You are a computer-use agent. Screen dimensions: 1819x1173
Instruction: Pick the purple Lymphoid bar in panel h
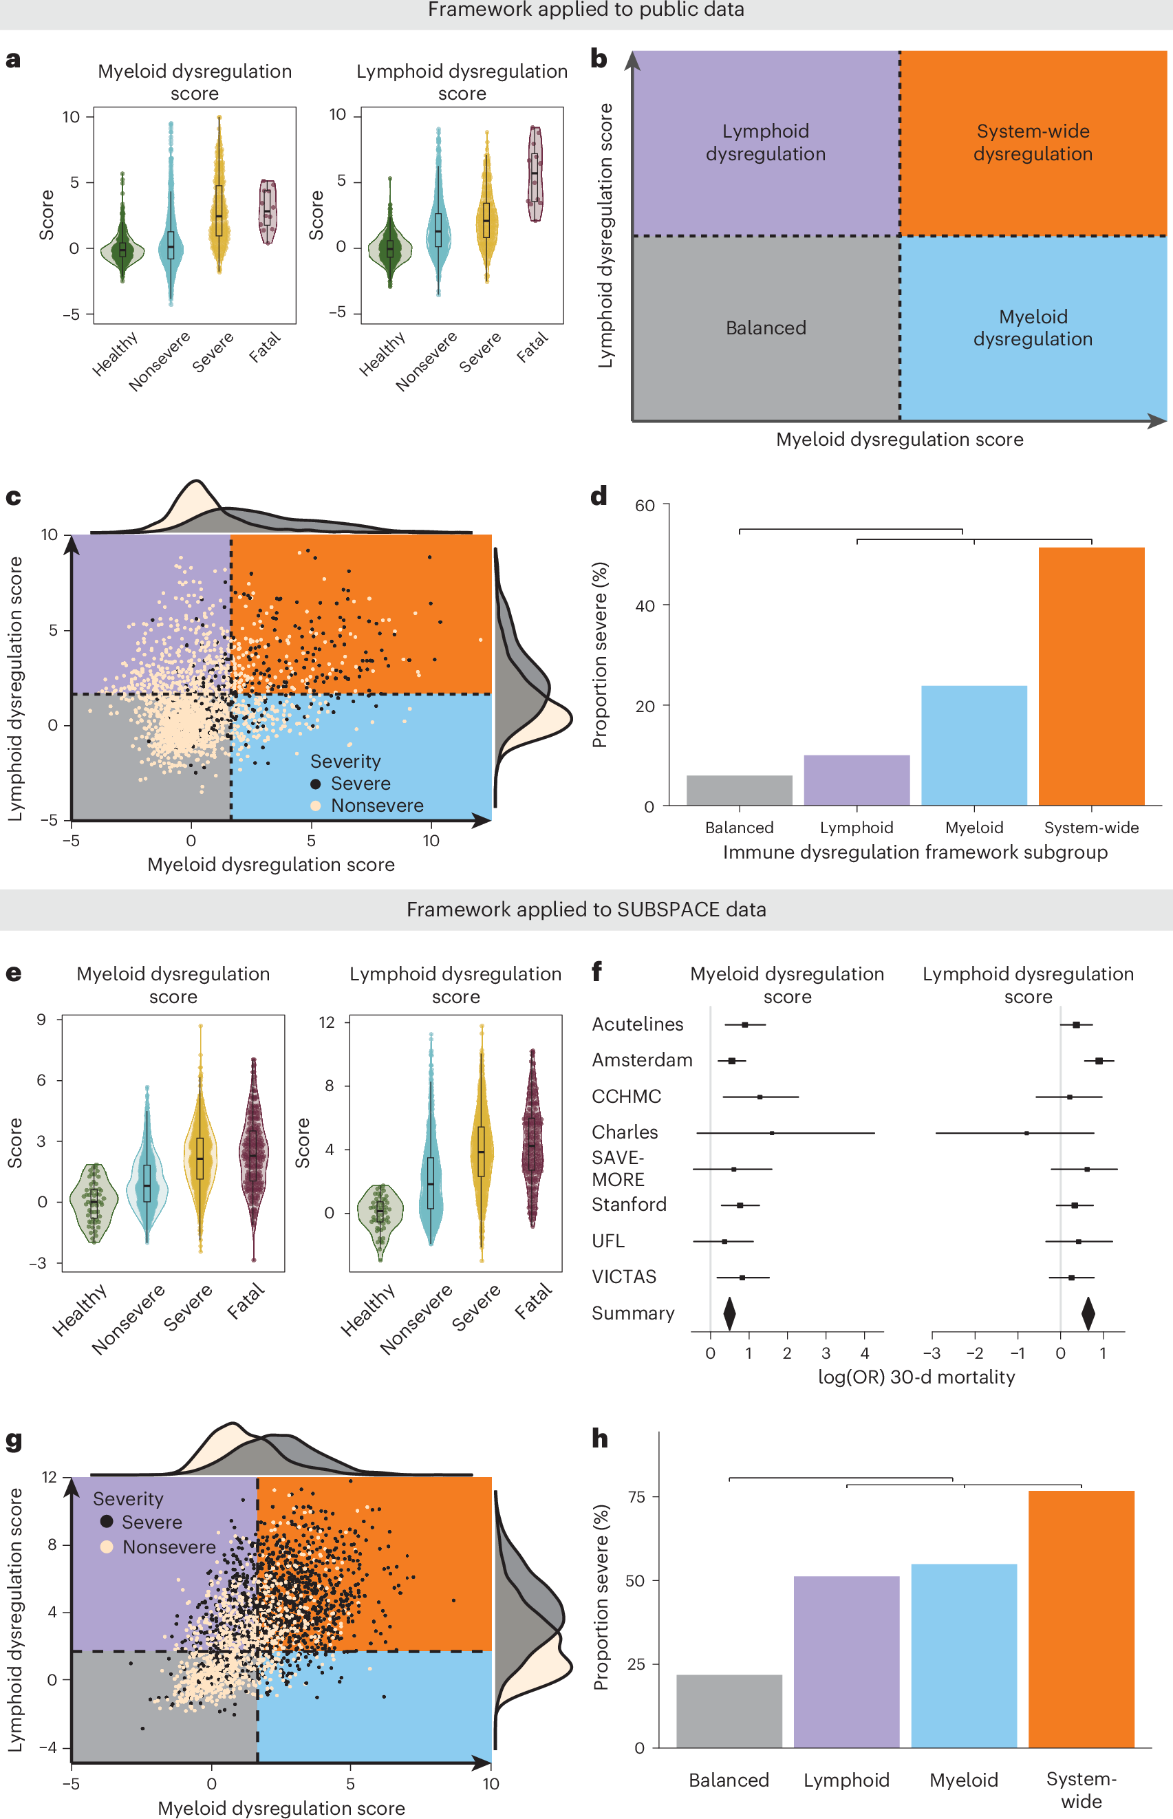[x=846, y=1661]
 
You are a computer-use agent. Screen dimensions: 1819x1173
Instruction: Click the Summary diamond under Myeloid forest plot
[x=729, y=1313]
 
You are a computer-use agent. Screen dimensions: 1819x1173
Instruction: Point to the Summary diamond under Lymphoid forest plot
[x=1088, y=1313]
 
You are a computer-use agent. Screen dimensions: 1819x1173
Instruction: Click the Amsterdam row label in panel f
[x=642, y=1059]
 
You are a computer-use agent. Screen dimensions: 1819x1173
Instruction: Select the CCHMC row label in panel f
[x=626, y=1096]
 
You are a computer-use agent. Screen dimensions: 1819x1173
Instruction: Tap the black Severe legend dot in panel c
[x=315, y=784]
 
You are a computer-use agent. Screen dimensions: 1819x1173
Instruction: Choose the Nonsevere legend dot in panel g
[x=107, y=1547]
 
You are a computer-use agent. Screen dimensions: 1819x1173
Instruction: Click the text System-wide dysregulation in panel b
[x=1033, y=142]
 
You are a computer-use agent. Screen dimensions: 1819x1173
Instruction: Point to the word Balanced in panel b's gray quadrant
[x=766, y=327]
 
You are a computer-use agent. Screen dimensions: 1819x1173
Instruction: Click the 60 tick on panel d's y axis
[x=645, y=505]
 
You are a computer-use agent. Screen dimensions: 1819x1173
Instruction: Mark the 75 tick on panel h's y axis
[x=635, y=1497]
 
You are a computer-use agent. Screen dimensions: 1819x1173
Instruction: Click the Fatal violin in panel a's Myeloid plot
[x=267, y=212]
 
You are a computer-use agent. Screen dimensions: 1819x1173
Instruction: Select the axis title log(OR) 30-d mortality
[x=916, y=1377]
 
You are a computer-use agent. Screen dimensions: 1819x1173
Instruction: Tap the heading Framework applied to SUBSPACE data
[x=585, y=909]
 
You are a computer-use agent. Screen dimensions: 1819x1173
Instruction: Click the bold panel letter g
[x=14, y=1441]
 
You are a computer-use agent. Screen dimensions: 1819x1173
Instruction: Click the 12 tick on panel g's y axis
[x=49, y=1477]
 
